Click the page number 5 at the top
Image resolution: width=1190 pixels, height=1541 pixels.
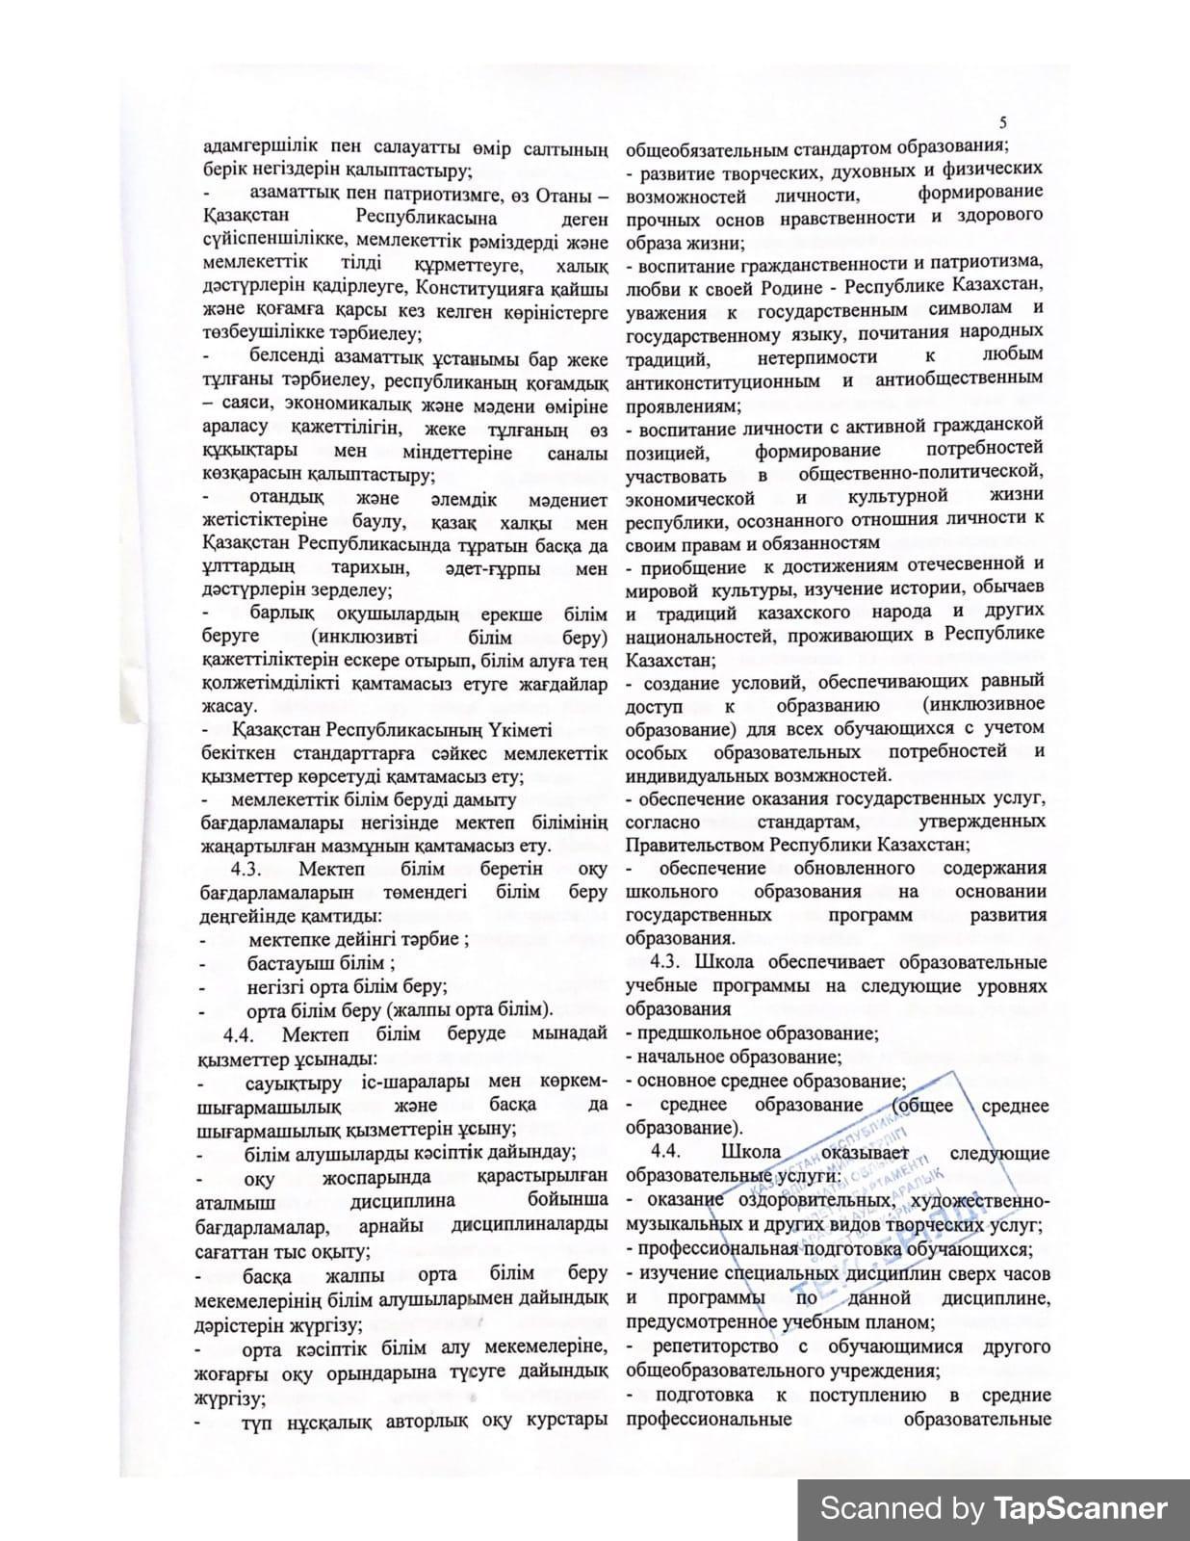click(x=1003, y=122)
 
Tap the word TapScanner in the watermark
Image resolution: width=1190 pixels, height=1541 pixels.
click(x=1080, y=1508)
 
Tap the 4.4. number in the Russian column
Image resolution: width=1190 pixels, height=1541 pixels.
click(x=667, y=1153)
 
